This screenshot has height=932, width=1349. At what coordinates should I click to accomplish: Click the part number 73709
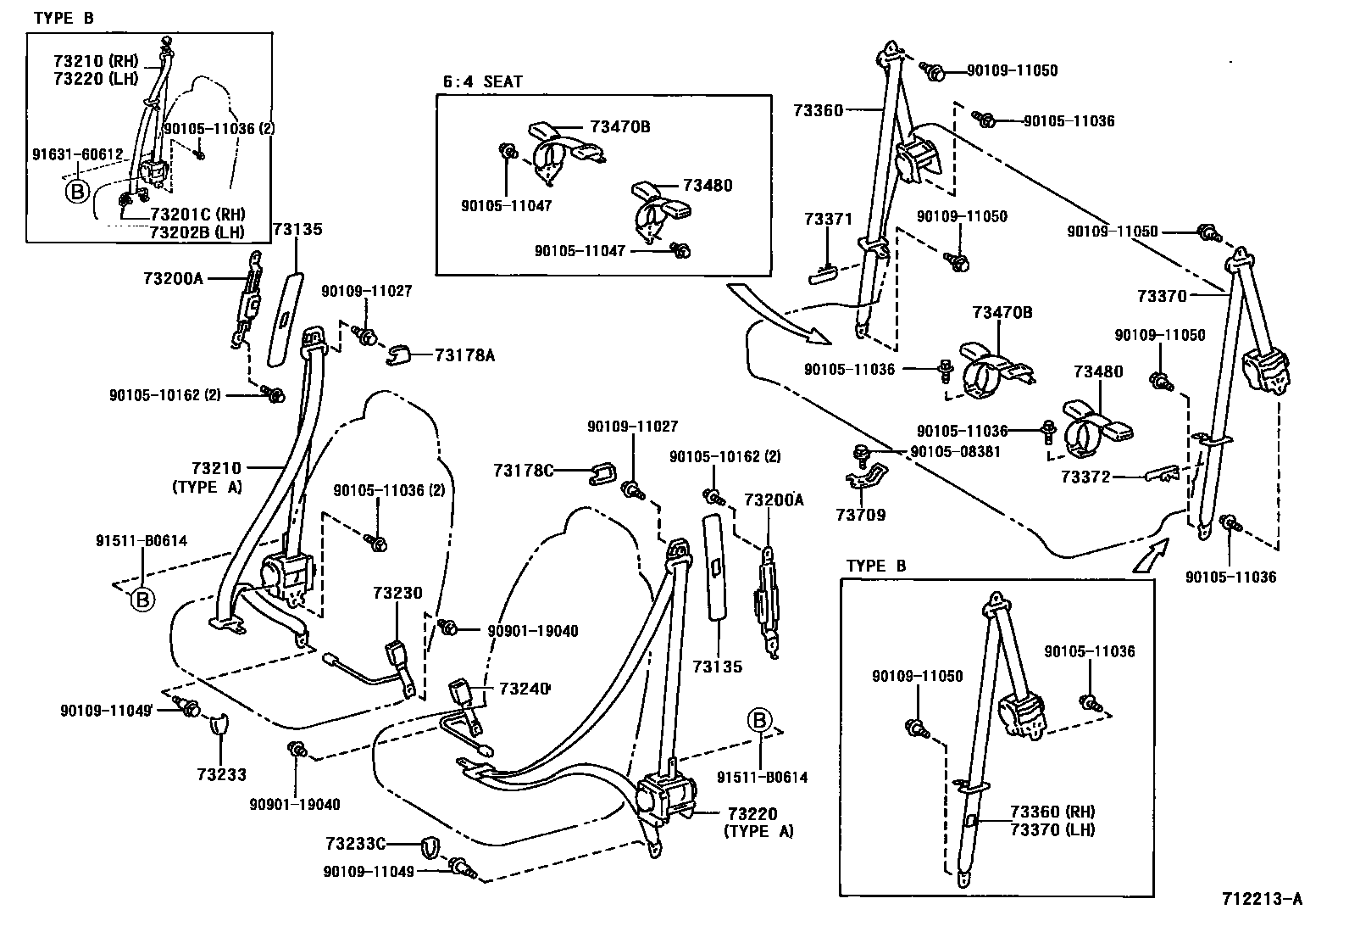(860, 515)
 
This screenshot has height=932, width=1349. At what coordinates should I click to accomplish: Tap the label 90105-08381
(955, 452)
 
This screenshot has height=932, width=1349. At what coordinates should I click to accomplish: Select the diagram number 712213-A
(1261, 899)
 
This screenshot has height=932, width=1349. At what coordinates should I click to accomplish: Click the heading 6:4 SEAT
(482, 82)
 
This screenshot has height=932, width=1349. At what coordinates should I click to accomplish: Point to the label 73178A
(464, 355)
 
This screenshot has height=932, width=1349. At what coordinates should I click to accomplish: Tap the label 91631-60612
(78, 155)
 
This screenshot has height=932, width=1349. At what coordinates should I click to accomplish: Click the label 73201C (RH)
(197, 214)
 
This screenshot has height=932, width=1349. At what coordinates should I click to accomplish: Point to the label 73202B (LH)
(197, 232)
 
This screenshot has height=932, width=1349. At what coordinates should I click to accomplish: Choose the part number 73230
(397, 594)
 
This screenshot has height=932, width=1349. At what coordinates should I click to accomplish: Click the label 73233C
(355, 843)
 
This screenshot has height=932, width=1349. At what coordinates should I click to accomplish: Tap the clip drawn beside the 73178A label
(402, 355)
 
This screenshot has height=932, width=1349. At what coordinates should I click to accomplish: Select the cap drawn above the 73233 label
(219, 724)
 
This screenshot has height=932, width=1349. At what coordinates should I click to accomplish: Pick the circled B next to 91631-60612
(76, 192)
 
